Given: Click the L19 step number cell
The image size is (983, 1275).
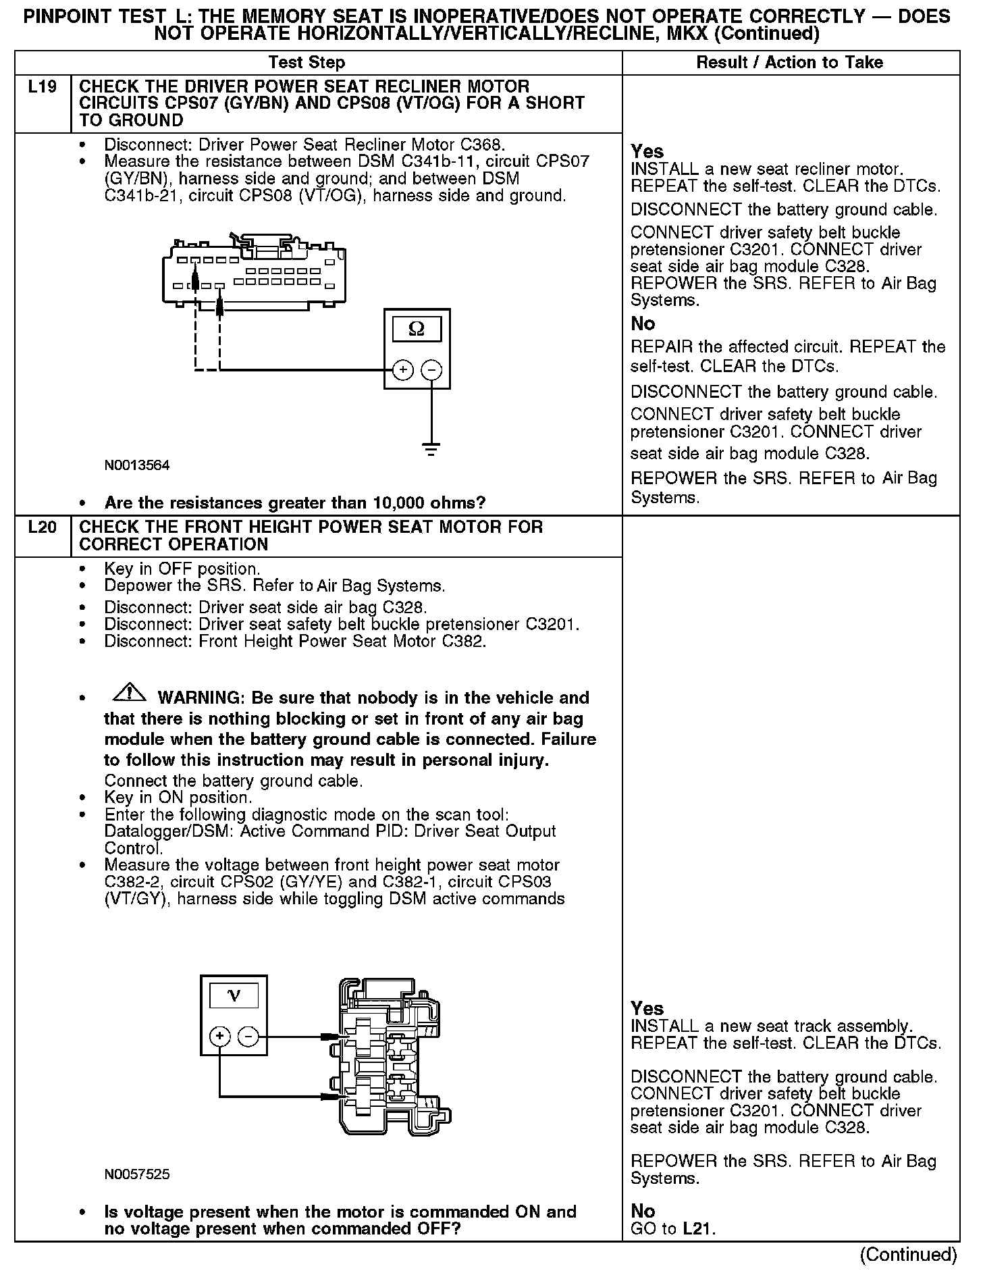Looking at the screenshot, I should (x=42, y=87).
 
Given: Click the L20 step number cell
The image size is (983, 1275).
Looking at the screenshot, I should (x=42, y=527).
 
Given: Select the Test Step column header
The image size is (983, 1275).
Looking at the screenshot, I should (x=307, y=63).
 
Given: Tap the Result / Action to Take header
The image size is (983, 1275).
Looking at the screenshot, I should (x=789, y=63).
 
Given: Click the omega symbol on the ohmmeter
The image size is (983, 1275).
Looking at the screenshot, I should (x=417, y=330).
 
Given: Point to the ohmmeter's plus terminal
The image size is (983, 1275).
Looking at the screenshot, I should (x=403, y=370).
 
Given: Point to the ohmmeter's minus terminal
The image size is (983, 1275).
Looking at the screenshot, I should (x=431, y=370).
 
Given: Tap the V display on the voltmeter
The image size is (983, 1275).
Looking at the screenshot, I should (x=234, y=995).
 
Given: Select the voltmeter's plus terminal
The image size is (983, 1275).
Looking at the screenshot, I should (x=219, y=1036).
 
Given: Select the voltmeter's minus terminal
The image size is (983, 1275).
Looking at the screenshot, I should (x=248, y=1036).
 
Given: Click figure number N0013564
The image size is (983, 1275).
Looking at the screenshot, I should (x=137, y=465).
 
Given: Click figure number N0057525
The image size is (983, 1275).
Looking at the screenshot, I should (x=137, y=1174).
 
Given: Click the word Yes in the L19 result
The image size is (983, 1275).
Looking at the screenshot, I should (x=647, y=151).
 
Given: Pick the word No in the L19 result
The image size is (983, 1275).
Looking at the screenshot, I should (x=643, y=323).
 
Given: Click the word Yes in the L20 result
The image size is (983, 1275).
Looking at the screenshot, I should (x=647, y=1008).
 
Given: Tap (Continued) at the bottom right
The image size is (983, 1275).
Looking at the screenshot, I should (x=908, y=1255).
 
